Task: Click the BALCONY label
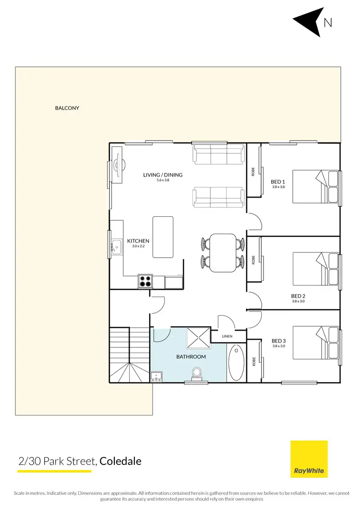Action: tap(67, 108)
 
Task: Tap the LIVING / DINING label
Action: tap(163, 175)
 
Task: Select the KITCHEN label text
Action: tap(138, 241)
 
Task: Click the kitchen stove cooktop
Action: tap(145, 281)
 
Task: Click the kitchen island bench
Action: tap(163, 237)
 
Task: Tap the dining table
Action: tap(223, 252)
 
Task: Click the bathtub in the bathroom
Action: tap(236, 363)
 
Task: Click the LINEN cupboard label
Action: tap(228, 337)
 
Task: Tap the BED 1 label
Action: tap(278, 182)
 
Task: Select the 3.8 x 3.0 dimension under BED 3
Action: tap(278, 345)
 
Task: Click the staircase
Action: tap(130, 355)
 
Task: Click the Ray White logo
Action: tap(309, 459)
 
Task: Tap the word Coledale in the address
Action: tap(120, 462)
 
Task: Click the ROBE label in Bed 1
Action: tap(253, 171)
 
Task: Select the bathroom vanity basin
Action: tap(156, 378)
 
